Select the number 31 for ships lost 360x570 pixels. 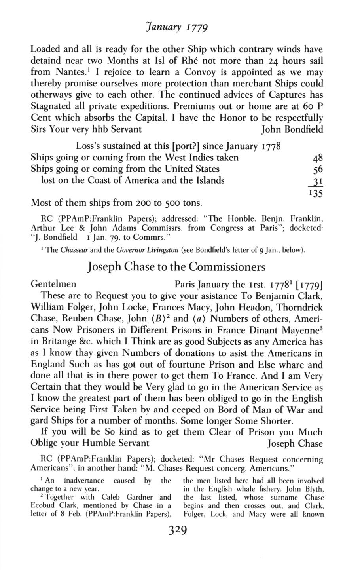tap(317, 181)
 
